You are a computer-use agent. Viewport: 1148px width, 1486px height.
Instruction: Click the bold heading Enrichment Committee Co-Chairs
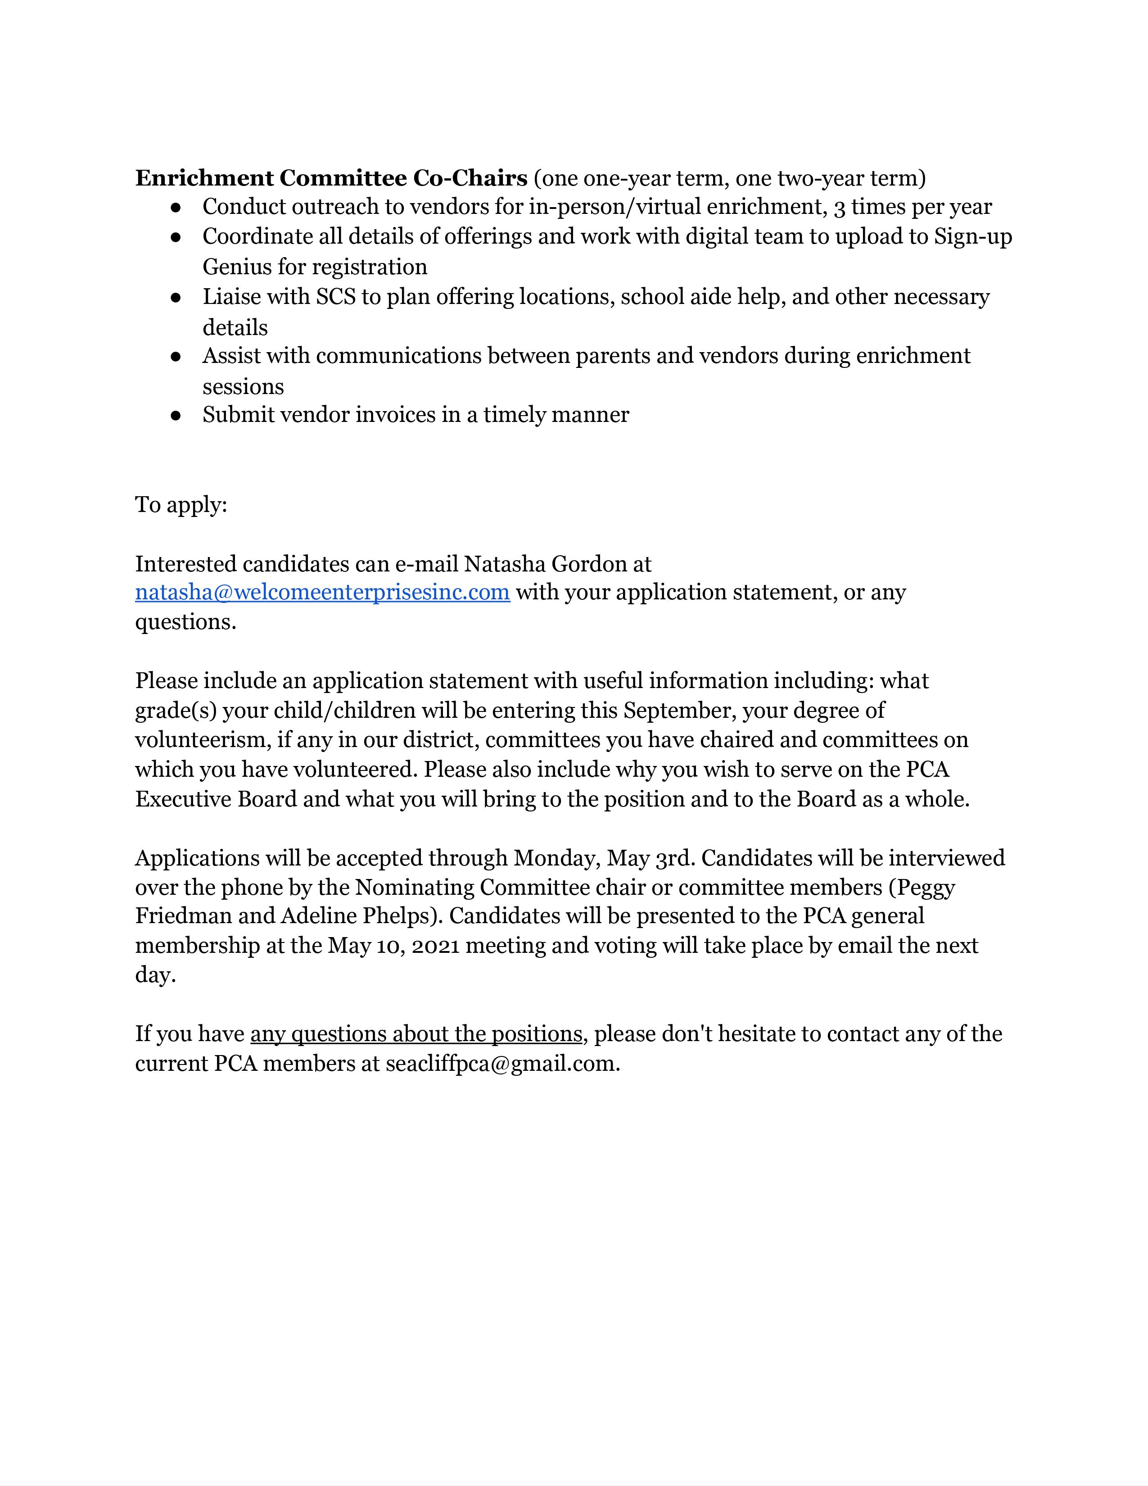tap(331, 178)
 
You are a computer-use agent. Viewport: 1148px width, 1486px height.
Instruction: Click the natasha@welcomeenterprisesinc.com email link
tap(322, 593)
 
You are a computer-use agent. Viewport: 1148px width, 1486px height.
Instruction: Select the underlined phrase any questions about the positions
tap(416, 1034)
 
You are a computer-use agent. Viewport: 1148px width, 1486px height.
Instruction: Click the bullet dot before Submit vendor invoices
tap(176, 416)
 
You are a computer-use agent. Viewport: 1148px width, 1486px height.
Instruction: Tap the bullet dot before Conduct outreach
tap(176, 207)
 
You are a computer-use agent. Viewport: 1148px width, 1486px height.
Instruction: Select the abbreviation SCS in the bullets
tap(336, 297)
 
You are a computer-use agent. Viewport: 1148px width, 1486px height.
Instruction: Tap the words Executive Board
tap(216, 799)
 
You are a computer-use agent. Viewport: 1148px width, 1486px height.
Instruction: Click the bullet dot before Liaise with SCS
tap(176, 297)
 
